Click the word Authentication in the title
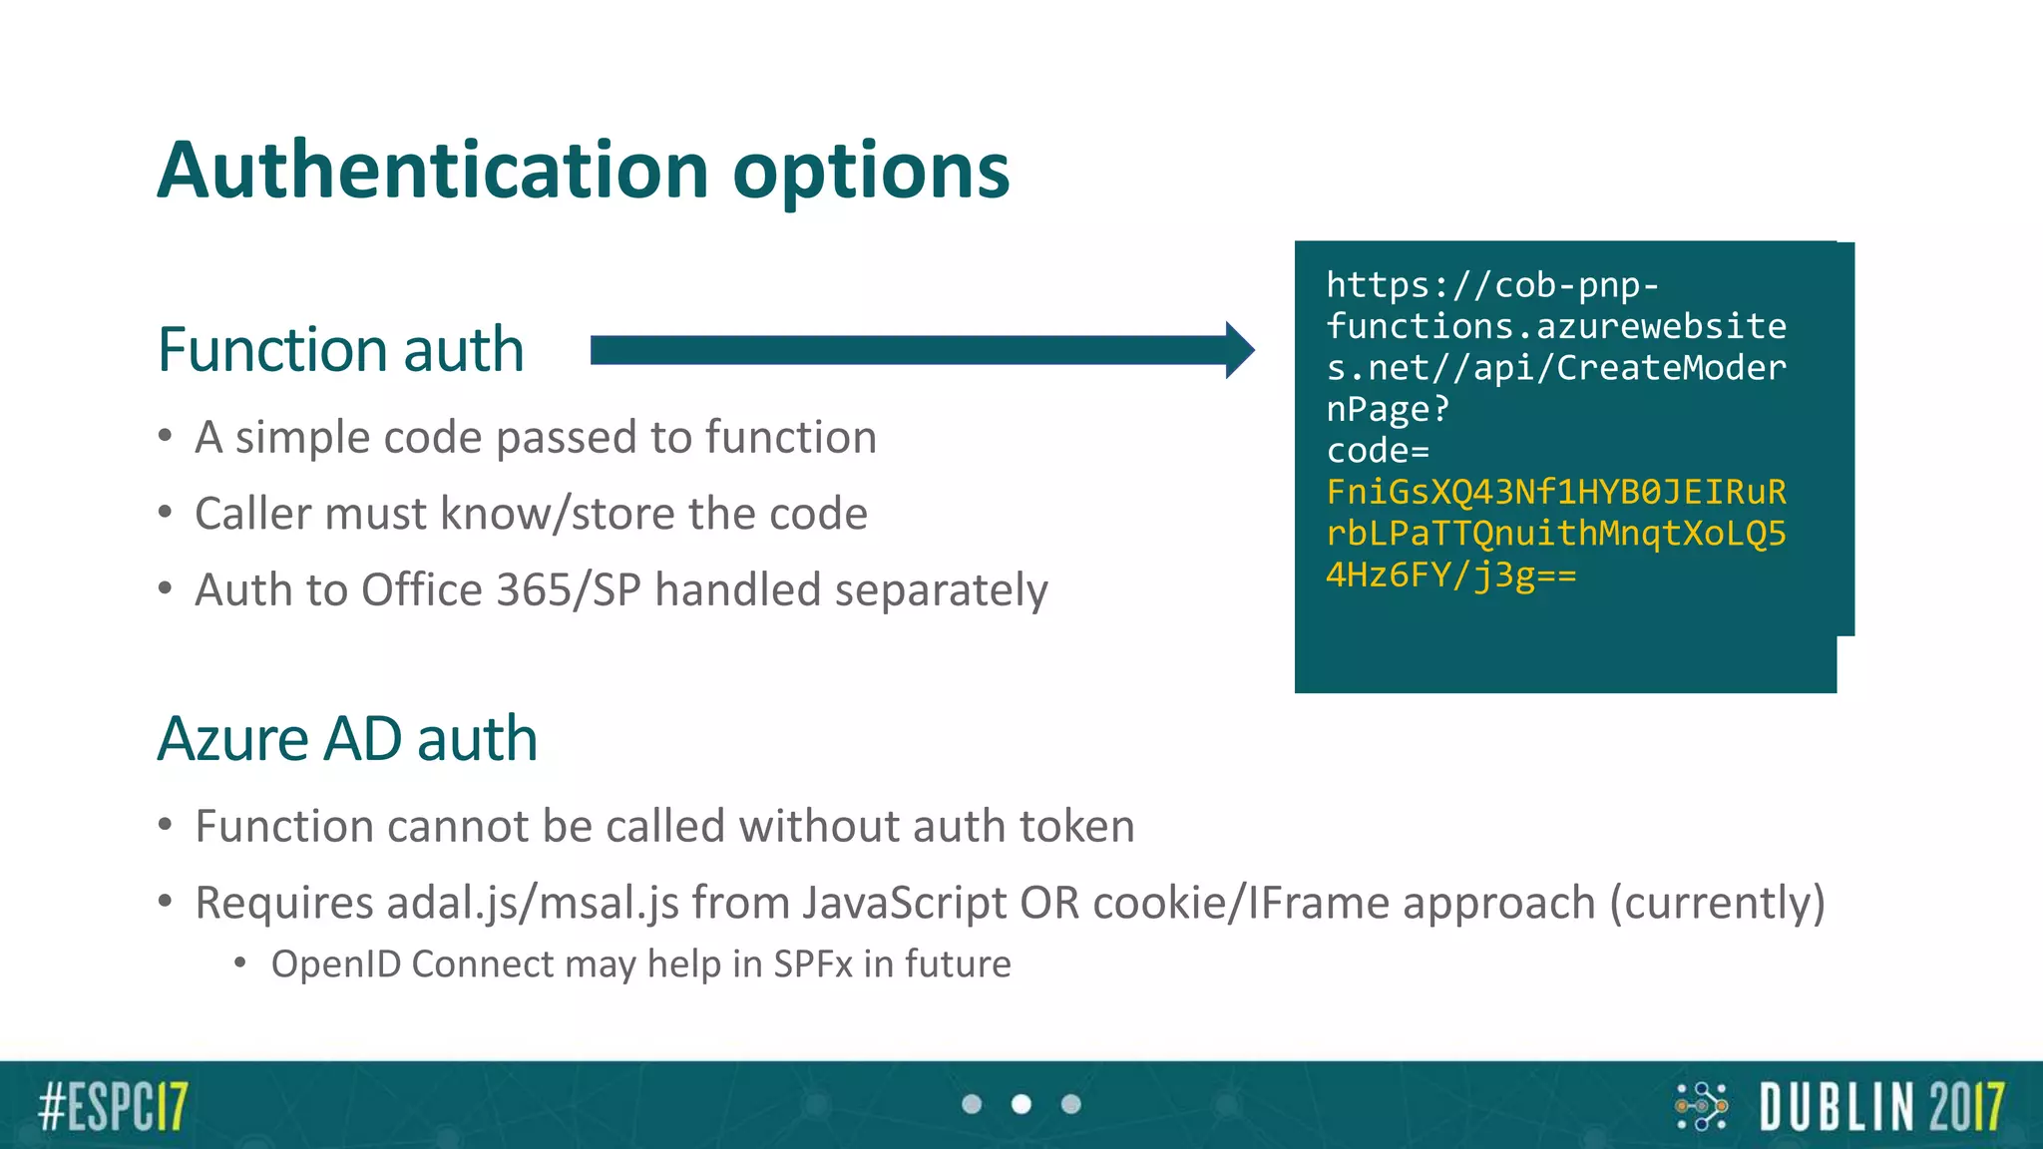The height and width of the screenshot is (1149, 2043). [x=433, y=170]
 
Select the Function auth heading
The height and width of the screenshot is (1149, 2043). [x=340, y=350]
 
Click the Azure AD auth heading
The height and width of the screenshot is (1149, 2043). [x=347, y=739]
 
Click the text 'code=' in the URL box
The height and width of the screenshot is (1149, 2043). [x=1378, y=451]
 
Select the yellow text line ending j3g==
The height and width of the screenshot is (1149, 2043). [x=1450, y=575]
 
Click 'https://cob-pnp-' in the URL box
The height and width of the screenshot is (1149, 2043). [x=1492, y=285]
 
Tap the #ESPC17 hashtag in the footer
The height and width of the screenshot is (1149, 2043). [x=113, y=1106]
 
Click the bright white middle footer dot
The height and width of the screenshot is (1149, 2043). [x=1021, y=1104]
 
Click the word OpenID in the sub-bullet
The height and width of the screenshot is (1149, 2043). [x=335, y=964]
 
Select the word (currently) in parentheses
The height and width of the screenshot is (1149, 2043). [x=1716, y=903]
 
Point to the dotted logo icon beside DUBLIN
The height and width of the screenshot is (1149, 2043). [x=1701, y=1106]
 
